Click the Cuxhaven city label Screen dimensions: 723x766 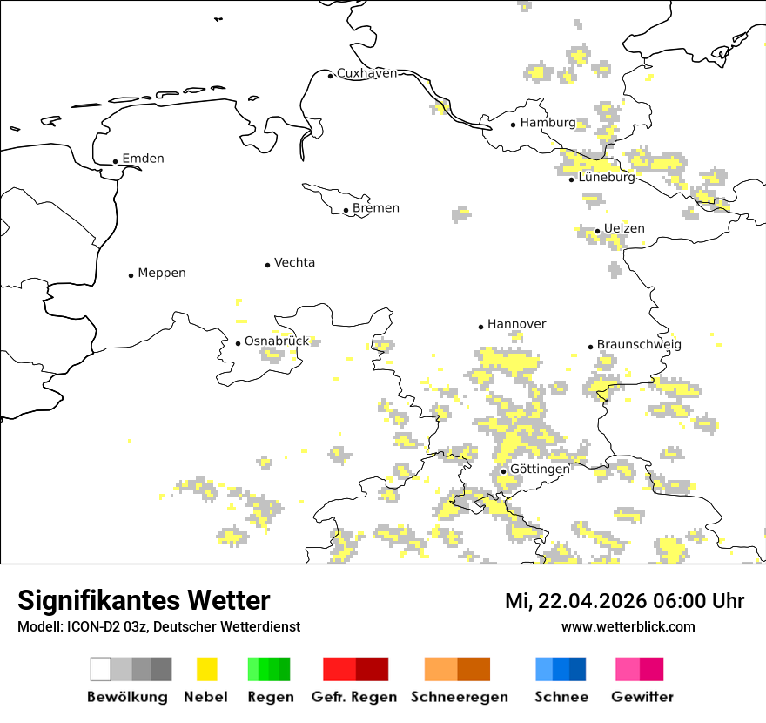366,73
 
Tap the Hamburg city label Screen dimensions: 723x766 548,123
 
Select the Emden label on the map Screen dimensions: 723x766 143,159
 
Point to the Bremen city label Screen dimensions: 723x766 376,208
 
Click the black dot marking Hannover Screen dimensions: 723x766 480,327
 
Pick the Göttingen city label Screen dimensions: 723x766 540,469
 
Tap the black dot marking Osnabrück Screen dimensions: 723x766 238,343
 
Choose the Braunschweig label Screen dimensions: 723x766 639,345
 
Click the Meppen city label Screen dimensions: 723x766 162,274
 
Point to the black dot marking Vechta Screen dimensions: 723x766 267,265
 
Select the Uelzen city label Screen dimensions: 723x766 624,229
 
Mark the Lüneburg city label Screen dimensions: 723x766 607,178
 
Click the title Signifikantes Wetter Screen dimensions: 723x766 144,601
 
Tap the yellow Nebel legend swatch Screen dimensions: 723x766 207,669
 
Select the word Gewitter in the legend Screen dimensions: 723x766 642,697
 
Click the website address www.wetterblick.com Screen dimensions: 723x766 628,627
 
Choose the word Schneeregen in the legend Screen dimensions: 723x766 460,697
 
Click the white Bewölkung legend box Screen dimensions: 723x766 101,669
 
